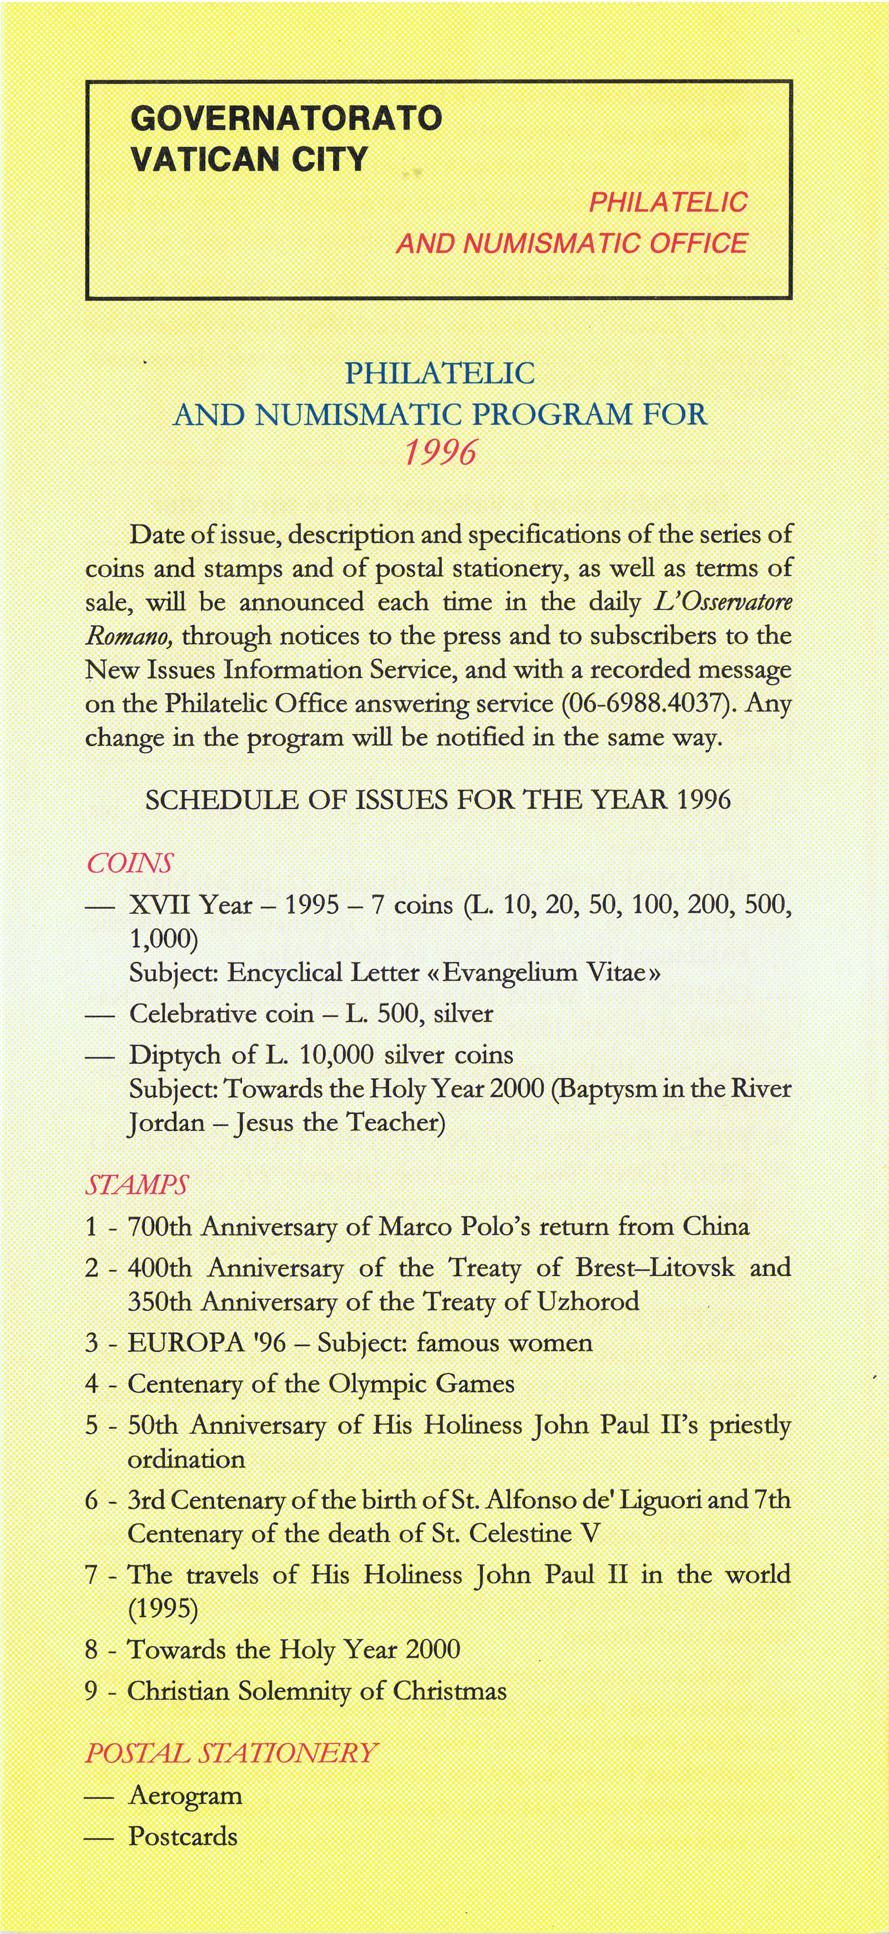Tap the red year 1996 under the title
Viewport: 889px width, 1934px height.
point(440,453)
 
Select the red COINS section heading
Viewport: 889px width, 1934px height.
point(129,864)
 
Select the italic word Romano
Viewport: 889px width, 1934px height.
point(129,636)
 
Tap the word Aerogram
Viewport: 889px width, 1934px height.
point(185,1796)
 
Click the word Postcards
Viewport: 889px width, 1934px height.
point(183,1837)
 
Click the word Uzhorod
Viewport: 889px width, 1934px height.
point(588,1301)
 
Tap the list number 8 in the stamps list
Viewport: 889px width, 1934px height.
point(92,1650)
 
